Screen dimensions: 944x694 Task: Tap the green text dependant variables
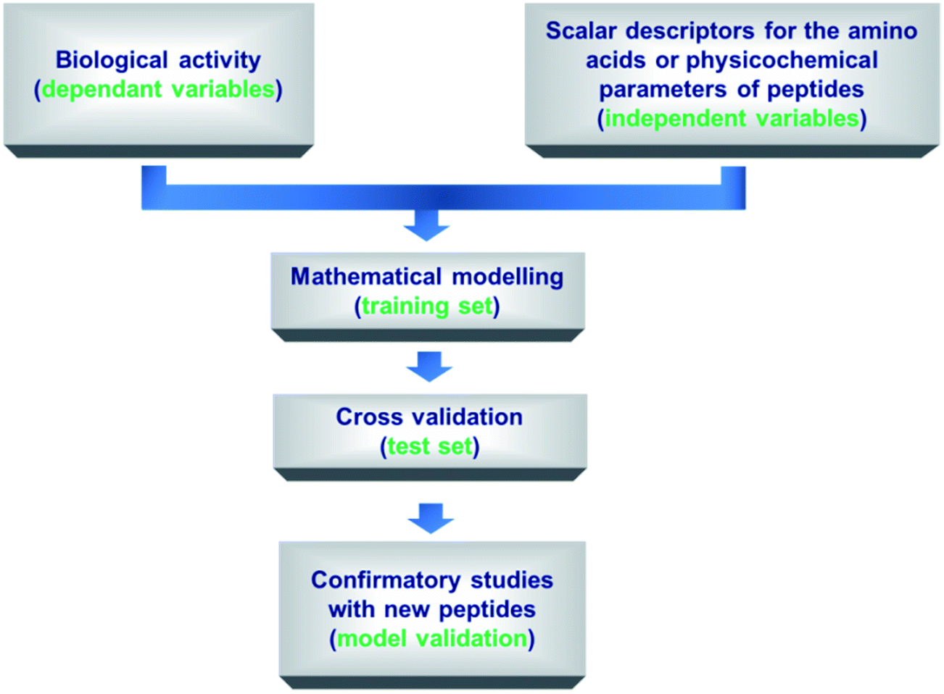click(x=159, y=89)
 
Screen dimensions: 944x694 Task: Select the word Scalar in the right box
click(x=581, y=31)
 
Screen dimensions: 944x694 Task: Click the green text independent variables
click(x=732, y=118)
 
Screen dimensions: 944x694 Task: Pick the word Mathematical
click(x=366, y=277)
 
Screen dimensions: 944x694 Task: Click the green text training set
click(x=427, y=306)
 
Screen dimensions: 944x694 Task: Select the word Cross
click(x=369, y=417)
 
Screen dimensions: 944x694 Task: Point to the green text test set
click(x=430, y=446)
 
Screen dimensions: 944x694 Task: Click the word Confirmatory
click(x=385, y=581)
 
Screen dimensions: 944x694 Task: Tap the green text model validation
click(x=432, y=638)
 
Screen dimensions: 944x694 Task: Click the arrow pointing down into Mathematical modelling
click(x=426, y=226)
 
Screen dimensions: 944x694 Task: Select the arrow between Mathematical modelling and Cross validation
click(x=429, y=367)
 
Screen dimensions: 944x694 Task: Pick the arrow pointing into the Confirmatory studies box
click(x=431, y=519)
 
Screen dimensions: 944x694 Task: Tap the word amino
click(x=882, y=31)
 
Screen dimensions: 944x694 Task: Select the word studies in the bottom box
click(x=512, y=580)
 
